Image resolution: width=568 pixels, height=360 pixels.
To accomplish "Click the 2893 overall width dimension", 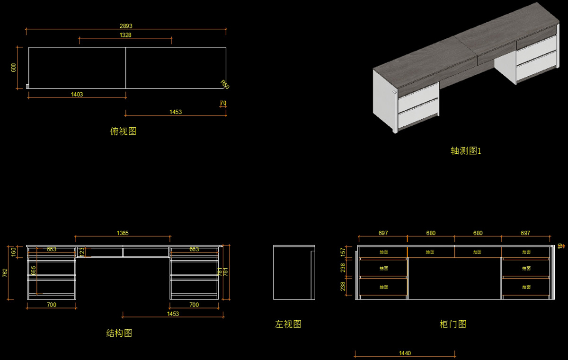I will click(125, 26).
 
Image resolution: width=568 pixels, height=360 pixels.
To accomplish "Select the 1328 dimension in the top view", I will click(125, 35).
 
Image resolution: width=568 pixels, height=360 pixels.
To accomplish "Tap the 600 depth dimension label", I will click(14, 68).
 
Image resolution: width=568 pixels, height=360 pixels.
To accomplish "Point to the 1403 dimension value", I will click(77, 95).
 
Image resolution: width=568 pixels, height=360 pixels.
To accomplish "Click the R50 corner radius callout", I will click(225, 85).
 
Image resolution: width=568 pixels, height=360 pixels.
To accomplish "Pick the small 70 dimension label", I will click(223, 103).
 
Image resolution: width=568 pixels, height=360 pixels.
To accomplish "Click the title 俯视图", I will click(123, 132).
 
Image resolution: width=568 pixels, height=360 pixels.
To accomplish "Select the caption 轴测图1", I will click(466, 151).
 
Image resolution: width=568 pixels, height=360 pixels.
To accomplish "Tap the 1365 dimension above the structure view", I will click(123, 233).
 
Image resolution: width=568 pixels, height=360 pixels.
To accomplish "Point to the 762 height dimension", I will click(5, 272).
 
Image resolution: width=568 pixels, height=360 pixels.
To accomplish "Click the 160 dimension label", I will click(14, 251).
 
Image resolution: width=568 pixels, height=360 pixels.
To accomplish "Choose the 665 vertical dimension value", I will click(34, 271).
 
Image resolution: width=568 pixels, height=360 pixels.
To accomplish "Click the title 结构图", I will click(119, 333).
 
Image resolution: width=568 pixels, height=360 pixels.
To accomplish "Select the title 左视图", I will click(288, 325).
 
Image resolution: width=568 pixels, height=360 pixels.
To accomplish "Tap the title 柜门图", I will click(453, 325).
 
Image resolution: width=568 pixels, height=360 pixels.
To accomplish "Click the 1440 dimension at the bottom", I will click(405, 353).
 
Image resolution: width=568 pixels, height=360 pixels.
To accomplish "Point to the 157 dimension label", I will click(343, 252).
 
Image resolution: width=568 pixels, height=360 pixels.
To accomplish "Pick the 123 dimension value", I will click(81, 252).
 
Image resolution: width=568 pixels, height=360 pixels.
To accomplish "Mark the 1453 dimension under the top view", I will click(176, 113).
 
